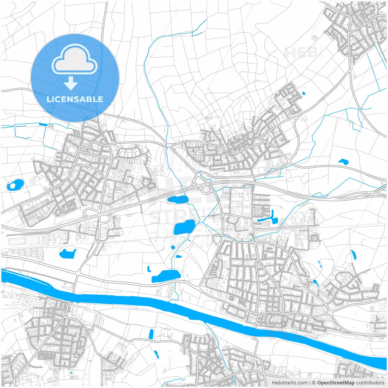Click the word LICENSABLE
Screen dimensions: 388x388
click(x=75, y=99)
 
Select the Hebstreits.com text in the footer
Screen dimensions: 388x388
click(x=289, y=383)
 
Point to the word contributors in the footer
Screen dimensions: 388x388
click(x=370, y=383)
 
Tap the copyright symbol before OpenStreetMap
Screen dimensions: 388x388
click(x=314, y=383)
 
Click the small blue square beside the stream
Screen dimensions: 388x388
click(x=173, y=247)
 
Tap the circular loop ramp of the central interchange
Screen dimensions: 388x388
click(x=207, y=189)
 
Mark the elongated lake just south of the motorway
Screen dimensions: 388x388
click(x=178, y=199)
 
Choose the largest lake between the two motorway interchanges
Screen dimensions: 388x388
click(x=184, y=227)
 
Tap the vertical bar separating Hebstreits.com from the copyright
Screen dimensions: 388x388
click(x=310, y=383)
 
